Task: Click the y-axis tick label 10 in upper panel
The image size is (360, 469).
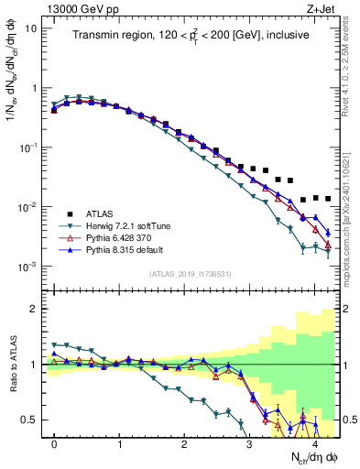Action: point(31,28)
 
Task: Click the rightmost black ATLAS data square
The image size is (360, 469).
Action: point(328,199)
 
